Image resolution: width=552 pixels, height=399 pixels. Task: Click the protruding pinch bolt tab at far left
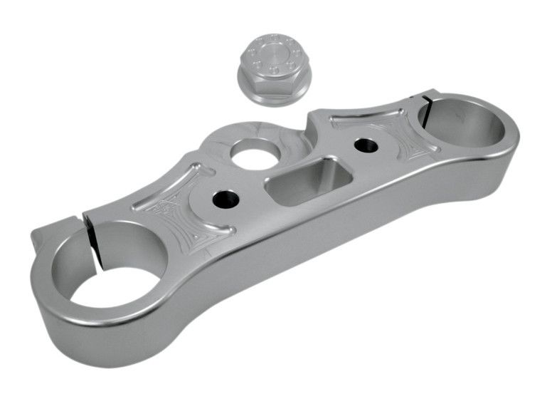tap(45, 239)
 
